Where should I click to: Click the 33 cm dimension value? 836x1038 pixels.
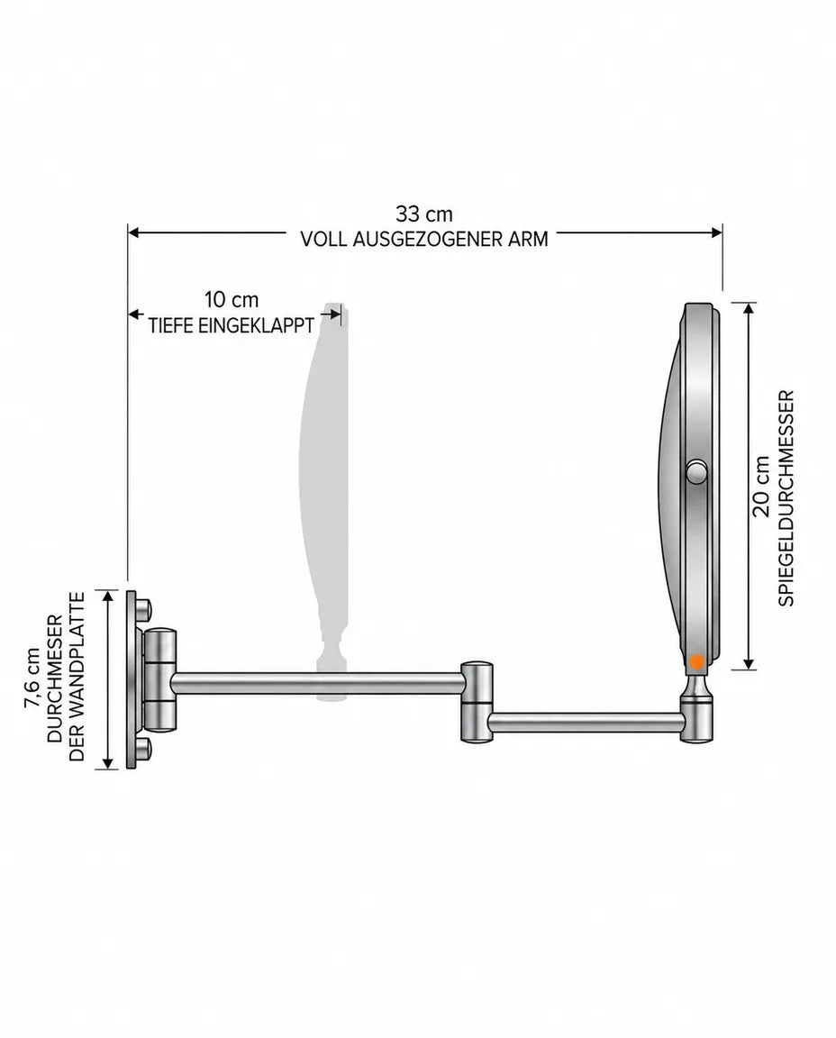coord(424,214)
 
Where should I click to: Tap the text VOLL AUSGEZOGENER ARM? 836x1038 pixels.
coord(424,239)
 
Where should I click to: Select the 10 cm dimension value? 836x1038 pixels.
coord(231,300)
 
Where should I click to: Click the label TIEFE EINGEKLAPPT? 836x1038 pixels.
coord(231,325)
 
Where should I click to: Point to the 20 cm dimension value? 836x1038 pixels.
coord(760,486)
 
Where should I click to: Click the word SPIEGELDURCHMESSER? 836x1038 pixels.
coord(786,497)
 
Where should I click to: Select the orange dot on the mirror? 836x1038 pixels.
coord(696,661)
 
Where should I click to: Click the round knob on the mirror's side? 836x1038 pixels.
coord(696,473)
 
